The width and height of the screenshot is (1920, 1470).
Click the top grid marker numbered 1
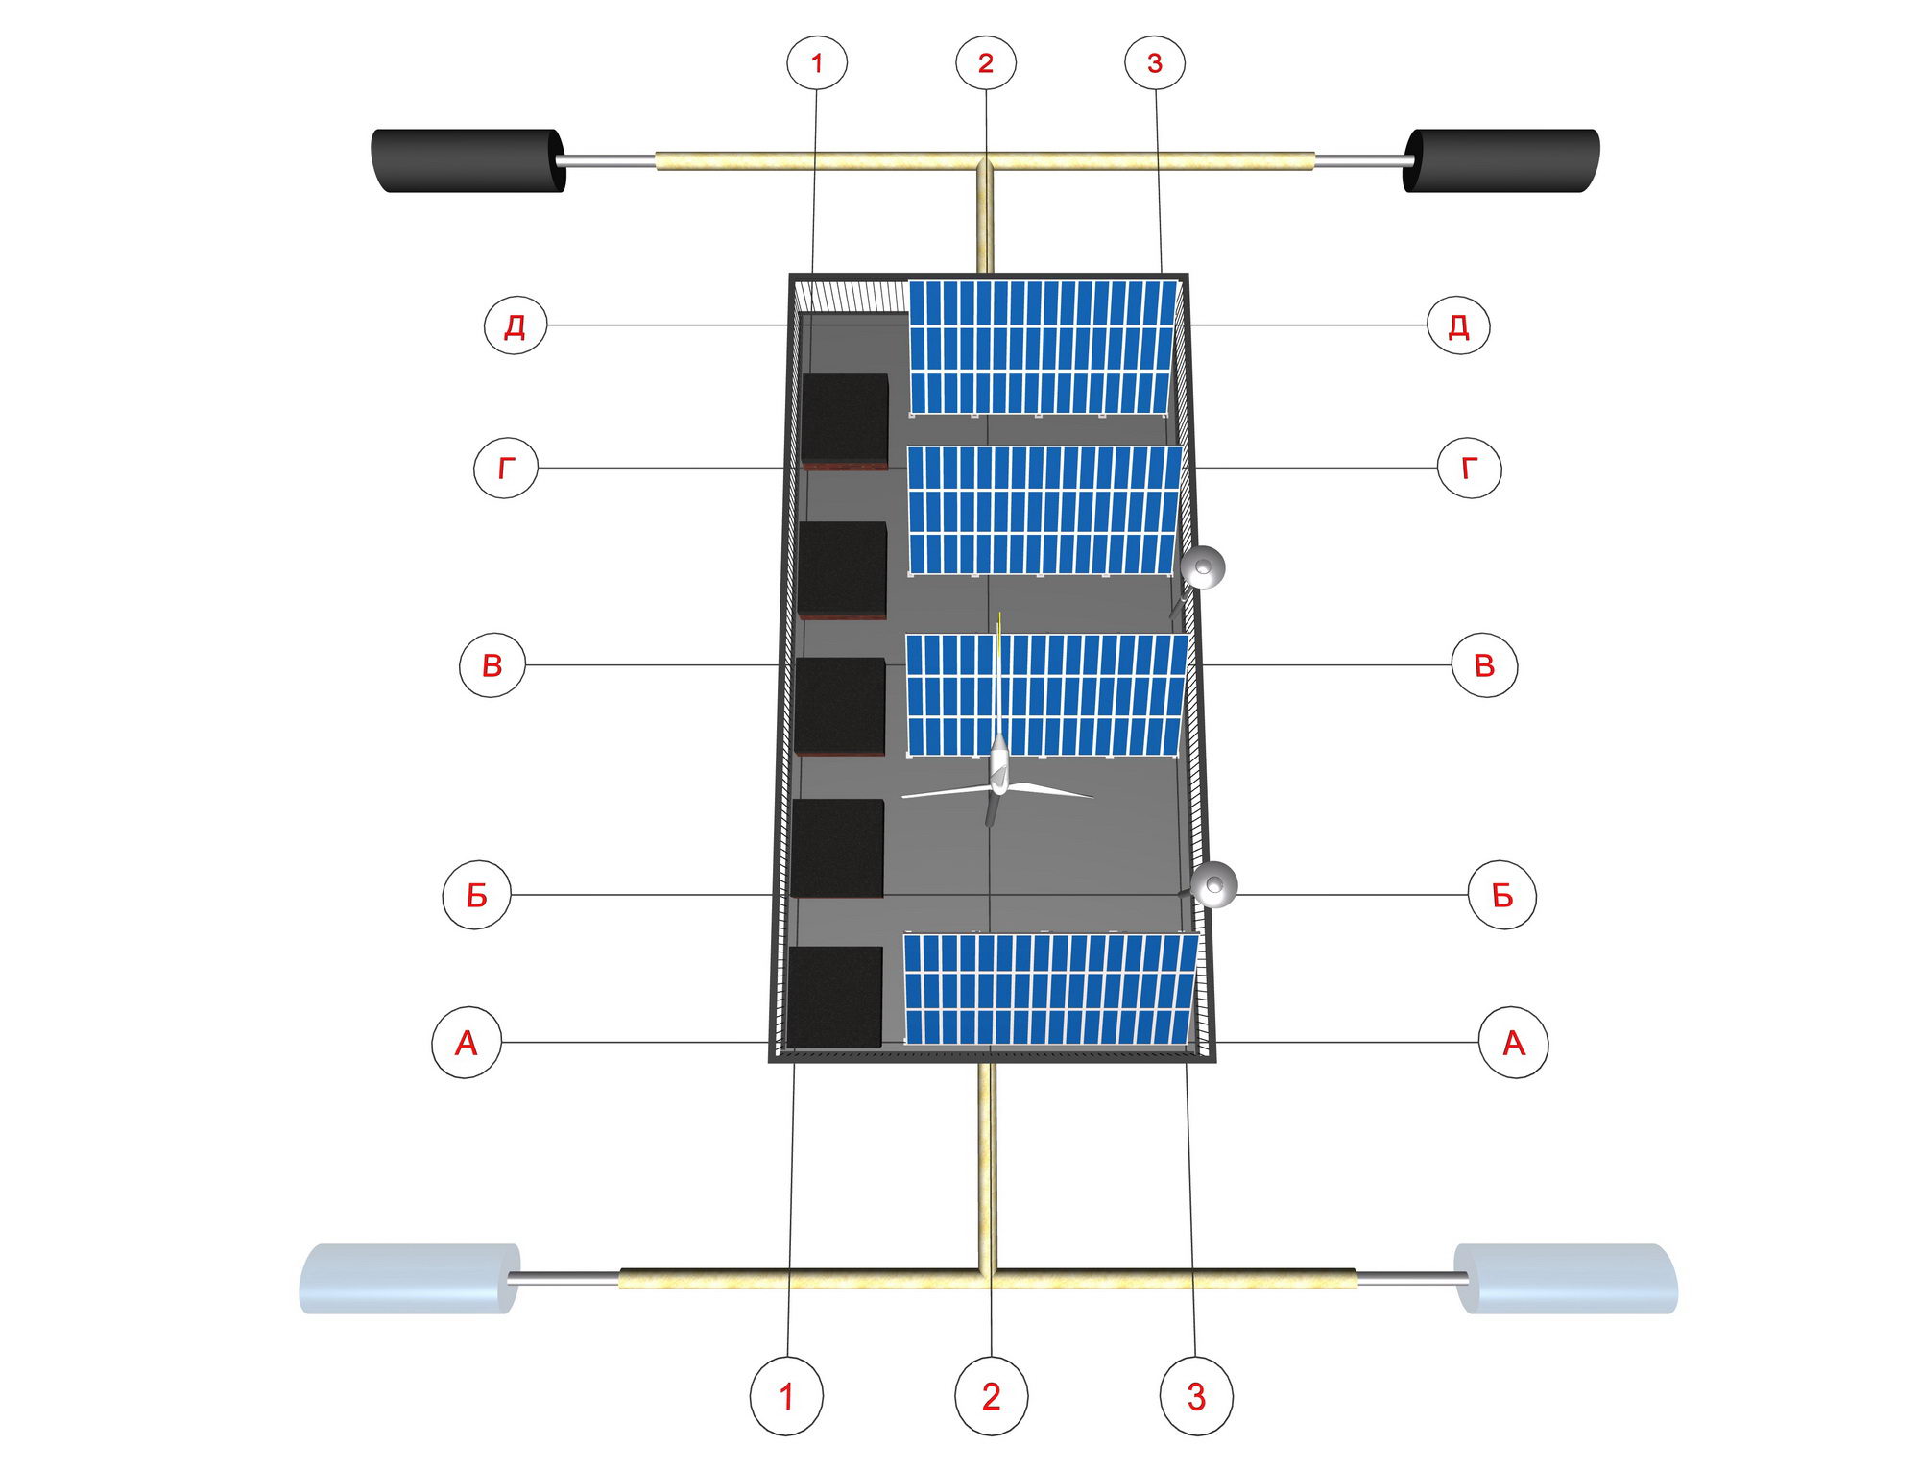817,62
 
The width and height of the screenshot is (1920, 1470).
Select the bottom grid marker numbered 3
1196,1396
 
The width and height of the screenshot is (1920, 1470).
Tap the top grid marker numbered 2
986,62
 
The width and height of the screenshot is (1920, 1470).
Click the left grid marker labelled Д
516,325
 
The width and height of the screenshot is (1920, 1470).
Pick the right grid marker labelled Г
1470,468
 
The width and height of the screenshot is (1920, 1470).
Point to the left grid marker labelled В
492,664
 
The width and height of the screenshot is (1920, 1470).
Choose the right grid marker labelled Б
1502,895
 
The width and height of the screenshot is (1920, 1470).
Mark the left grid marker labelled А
467,1043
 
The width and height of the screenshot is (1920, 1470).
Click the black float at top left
468,160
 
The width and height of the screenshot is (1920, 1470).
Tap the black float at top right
1501,160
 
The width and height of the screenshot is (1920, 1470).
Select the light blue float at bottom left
410,1278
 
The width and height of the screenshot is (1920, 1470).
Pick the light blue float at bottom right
1567,1278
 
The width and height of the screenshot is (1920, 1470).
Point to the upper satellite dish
1202,567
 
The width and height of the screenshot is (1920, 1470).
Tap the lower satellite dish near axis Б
1214,884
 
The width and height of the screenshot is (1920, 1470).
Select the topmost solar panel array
1043,348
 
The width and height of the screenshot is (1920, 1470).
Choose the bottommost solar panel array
1051,989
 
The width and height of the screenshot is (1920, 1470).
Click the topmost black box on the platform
845,421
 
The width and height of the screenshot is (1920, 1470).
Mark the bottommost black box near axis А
834,997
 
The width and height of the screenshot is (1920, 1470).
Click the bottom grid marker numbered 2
992,1396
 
